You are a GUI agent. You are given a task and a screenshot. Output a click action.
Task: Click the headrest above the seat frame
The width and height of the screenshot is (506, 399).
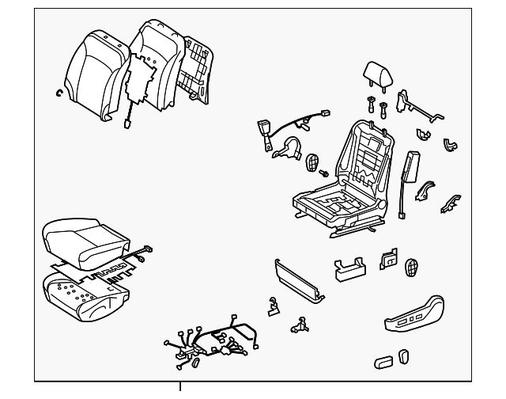click(376, 73)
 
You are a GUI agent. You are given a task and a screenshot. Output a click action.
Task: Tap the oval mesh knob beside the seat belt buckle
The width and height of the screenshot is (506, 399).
click(313, 162)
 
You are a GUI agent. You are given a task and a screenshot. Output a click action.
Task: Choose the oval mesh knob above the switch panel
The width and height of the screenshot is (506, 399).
click(412, 267)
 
